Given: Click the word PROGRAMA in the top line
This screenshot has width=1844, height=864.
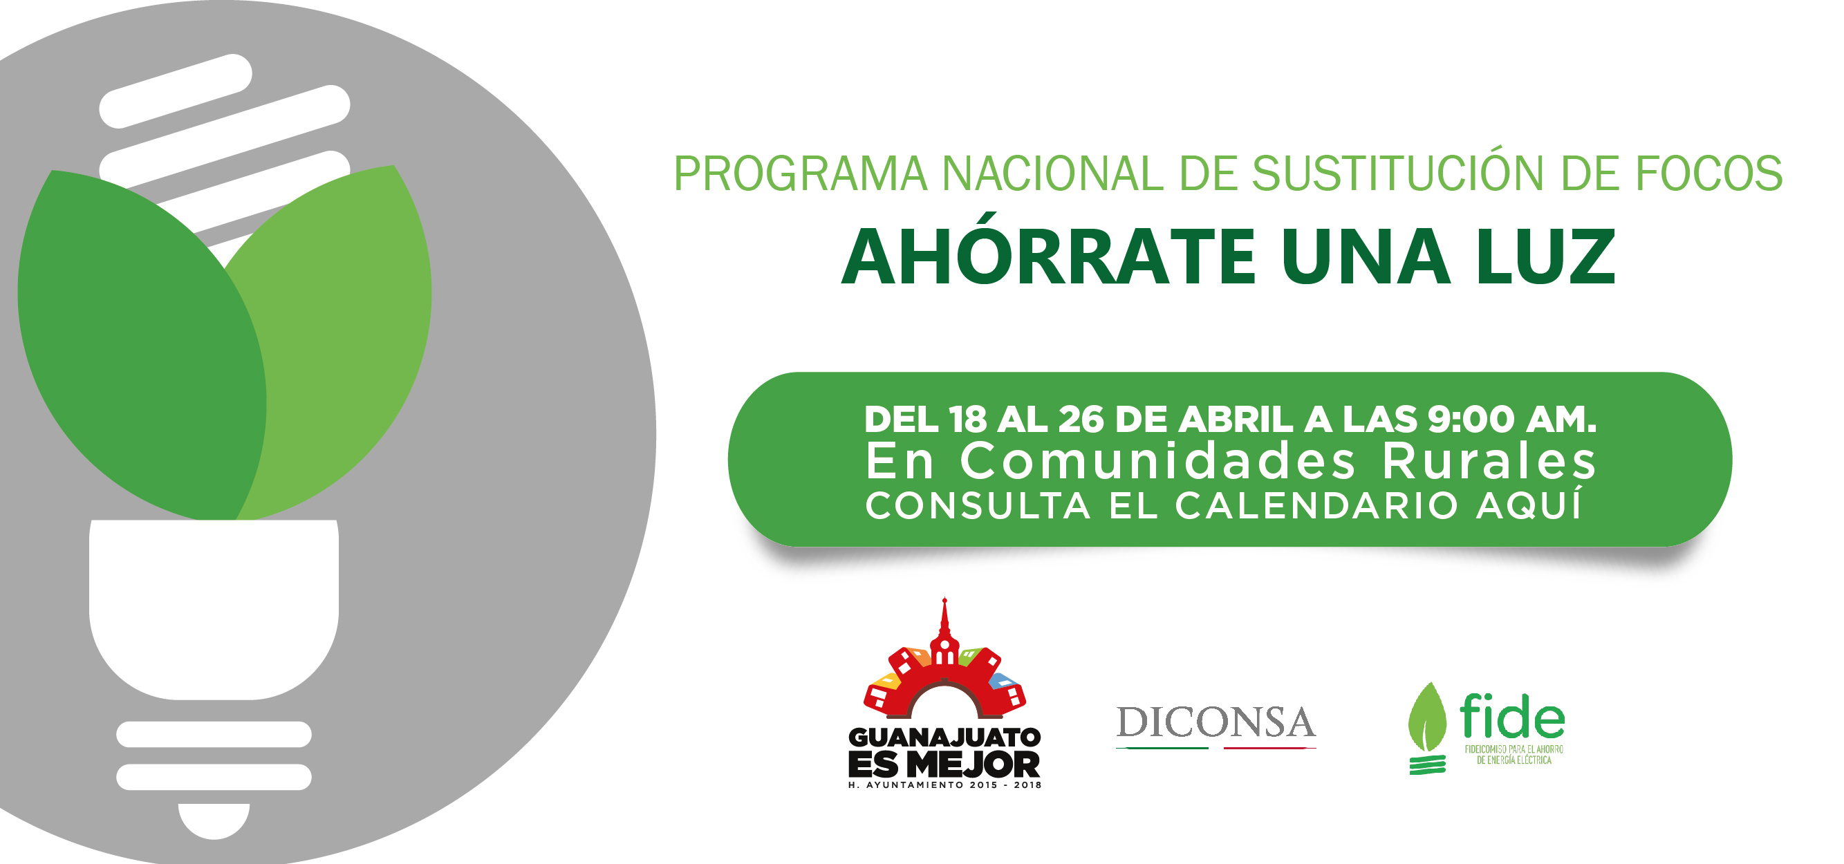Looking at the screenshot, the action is coord(800,174).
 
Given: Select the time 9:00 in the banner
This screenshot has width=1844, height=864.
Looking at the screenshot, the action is coord(1471,420).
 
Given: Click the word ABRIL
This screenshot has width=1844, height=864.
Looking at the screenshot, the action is coord(1236,420).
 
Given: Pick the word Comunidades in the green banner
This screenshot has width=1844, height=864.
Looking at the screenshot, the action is coord(1157,461).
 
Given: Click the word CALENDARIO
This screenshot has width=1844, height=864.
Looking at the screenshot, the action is coord(1316,506).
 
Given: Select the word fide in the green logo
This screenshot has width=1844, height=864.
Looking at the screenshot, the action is coord(1513,716).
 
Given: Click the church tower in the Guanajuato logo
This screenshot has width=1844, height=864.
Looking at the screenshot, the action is coord(945,630).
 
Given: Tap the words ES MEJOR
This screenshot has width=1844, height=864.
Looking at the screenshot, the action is coord(944,764).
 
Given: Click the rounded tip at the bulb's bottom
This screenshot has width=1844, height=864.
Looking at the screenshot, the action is coord(214,821).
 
